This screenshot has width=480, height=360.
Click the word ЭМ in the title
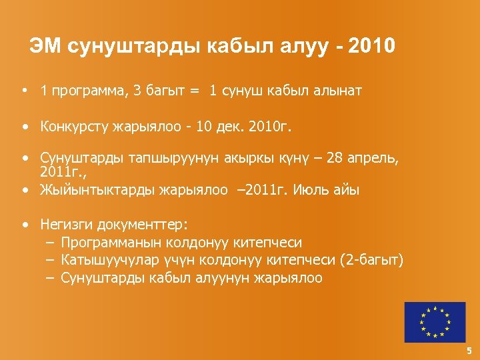(45, 46)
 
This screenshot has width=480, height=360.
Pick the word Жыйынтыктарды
(97, 190)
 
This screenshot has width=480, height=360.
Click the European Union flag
(435, 323)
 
